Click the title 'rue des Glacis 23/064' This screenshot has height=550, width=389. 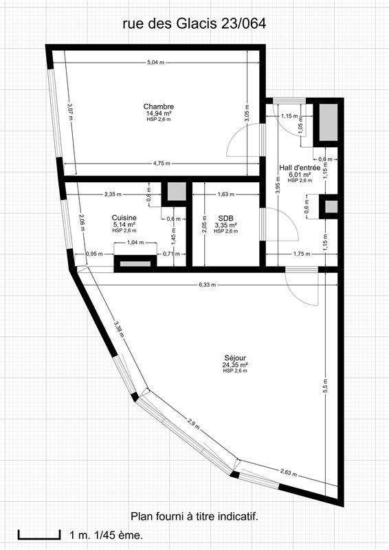point(194,24)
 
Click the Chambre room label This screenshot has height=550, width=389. point(159,107)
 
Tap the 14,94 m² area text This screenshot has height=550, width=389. point(159,113)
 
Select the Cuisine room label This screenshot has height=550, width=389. point(124,218)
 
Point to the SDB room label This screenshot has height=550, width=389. point(226,219)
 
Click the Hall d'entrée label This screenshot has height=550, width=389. point(300,168)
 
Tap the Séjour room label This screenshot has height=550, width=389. point(235,358)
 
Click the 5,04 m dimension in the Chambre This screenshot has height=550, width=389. point(156,63)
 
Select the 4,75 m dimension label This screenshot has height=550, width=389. point(162,163)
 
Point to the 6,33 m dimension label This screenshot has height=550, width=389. point(208,285)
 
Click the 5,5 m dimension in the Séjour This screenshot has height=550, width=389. point(325,386)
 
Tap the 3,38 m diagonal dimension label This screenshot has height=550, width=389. point(119,329)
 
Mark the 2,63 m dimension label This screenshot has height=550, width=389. point(289,472)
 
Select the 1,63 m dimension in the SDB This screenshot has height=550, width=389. point(226,194)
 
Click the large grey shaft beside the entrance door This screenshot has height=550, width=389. point(329,122)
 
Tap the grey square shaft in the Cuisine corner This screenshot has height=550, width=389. point(177,192)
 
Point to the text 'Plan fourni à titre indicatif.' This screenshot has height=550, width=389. point(194,516)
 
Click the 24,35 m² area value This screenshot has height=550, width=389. point(235,365)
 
